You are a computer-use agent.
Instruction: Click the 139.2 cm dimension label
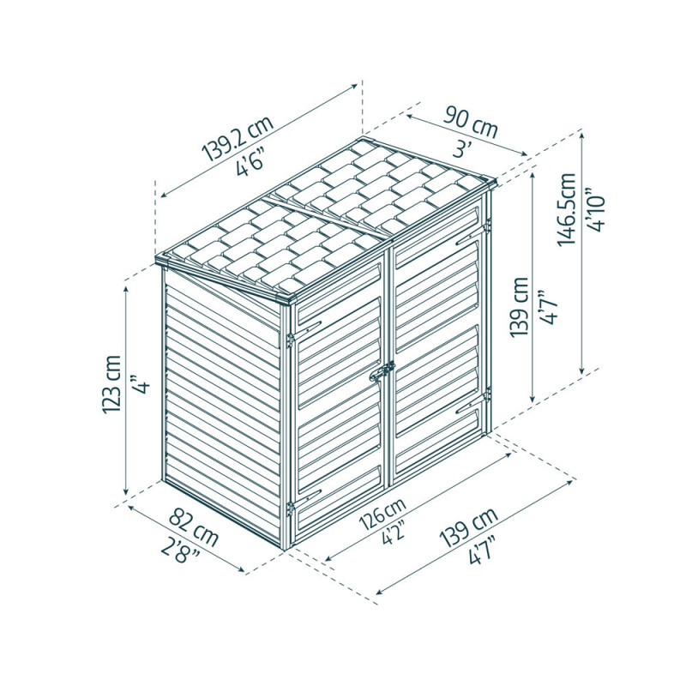[x=238, y=138]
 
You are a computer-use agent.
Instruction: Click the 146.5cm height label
[x=567, y=209]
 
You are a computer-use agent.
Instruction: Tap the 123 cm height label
[x=111, y=384]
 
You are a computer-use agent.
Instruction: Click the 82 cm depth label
[x=193, y=527]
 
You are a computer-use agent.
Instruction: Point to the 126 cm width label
[x=382, y=514]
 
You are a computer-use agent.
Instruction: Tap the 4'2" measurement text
[x=392, y=533]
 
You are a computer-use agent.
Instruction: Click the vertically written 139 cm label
[x=520, y=307]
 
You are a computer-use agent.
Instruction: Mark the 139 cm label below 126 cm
[x=470, y=527]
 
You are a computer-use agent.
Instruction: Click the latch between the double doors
[x=382, y=371]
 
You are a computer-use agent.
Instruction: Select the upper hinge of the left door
[x=289, y=340]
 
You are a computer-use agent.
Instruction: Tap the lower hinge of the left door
[x=289, y=508]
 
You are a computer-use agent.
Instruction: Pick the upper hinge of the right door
[x=487, y=226]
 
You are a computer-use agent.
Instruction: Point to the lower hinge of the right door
[x=487, y=394]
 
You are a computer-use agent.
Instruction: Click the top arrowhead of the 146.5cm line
[x=582, y=135]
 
